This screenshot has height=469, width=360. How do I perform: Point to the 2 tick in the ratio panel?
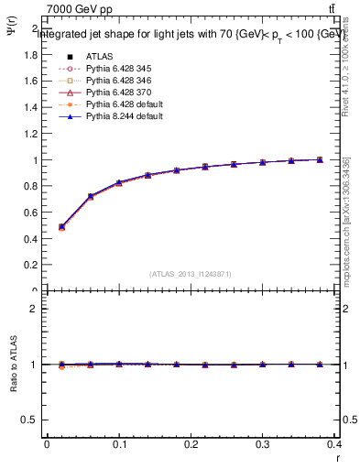pyautogui.click(x=34, y=309)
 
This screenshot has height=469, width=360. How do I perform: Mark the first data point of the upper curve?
pyautogui.click(x=61, y=226)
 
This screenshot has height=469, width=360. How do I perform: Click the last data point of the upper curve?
pyautogui.click(x=320, y=159)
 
